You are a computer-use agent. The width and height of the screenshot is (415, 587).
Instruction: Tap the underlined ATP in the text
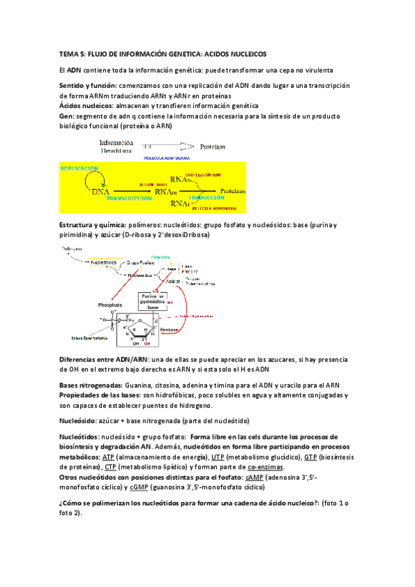[108, 458]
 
